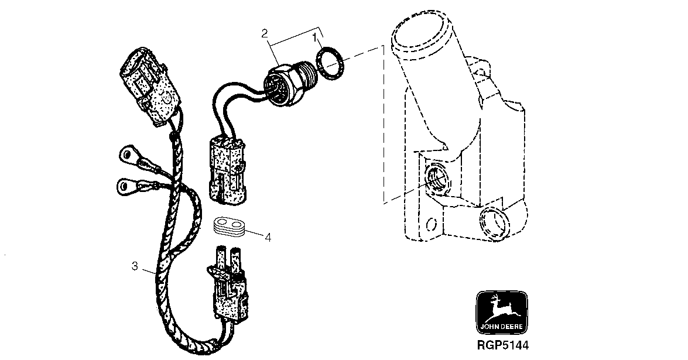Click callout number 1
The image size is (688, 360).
(x=315, y=37)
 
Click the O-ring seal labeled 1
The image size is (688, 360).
(x=330, y=64)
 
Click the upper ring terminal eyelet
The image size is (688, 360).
(x=127, y=154)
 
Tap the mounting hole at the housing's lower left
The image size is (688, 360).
(x=432, y=224)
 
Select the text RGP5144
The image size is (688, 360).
(x=503, y=345)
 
